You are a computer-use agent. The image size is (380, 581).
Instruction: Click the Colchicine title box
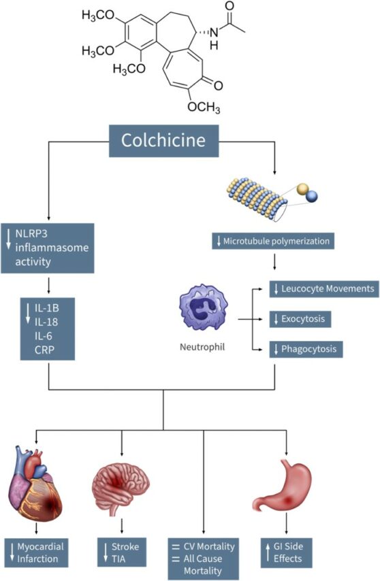(x=163, y=141)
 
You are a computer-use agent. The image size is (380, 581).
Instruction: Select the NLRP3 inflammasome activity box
(x=48, y=248)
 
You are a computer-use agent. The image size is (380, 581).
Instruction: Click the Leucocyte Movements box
(x=324, y=289)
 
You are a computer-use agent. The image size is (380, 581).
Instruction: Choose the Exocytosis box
(x=300, y=319)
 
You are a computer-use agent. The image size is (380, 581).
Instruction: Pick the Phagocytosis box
(x=306, y=349)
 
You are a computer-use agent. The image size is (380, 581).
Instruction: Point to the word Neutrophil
(x=202, y=347)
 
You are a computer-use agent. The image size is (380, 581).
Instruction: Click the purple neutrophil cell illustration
(x=203, y=308)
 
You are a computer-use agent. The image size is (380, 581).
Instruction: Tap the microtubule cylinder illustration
(x=257, y=199)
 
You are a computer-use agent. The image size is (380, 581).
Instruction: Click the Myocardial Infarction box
(x=36, y=552)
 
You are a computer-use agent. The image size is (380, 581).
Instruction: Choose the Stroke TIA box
(x=122, y=552)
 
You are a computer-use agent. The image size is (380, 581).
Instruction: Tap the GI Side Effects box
(x=286, y=552)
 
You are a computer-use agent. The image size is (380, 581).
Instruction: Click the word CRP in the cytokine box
(x=44, y=350)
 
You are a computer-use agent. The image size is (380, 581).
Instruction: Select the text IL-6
(x=44, y=336)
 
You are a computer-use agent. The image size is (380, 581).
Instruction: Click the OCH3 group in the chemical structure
(x=204, y=107)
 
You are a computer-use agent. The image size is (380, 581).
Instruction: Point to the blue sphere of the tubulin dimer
(x=312, y=196)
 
